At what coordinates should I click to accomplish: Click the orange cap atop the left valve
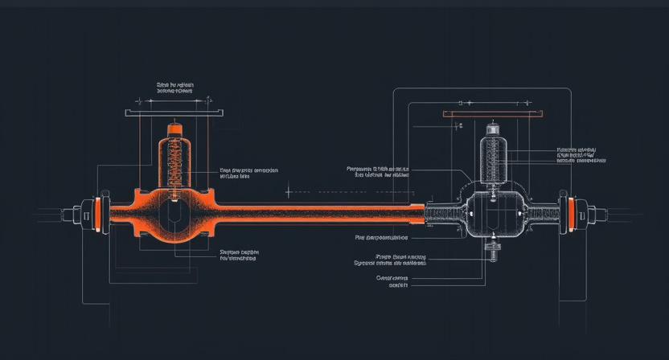(174, 129)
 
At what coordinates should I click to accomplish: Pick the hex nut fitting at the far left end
(79, 215)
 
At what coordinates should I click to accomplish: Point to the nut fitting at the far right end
(590, 215)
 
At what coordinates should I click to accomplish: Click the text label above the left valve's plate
(174, 88)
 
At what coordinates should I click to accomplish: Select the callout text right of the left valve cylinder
(248, 174)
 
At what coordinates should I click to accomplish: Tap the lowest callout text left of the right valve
(392, 281)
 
